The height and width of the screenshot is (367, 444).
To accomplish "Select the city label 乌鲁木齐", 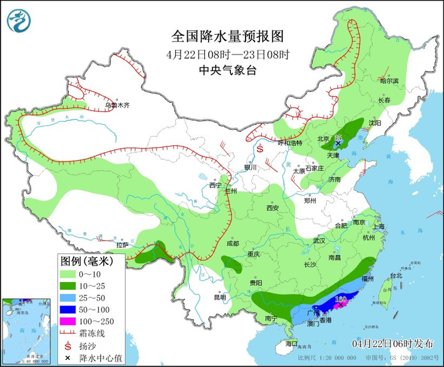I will click(x=117, y=105).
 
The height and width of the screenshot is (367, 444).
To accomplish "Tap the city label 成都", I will click(x=232, y=243).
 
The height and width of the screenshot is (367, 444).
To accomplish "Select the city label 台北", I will click(x=396, y=276).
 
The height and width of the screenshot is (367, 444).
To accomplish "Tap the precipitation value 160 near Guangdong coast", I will click(x=340, y=299).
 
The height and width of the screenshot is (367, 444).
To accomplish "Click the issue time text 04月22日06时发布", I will click(x=393, y=342).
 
